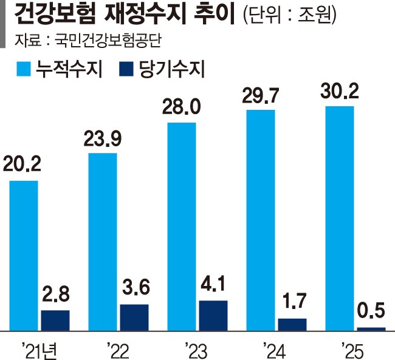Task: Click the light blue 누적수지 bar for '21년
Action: coord(24,255)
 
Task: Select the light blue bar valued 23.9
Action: coord(103,242)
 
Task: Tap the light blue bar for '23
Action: coord(182,226)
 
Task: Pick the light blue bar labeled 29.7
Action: coord(261,220)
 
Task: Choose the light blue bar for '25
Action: coord(340,218)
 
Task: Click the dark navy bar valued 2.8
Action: coord(55,320)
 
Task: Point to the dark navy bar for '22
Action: coord(134,317)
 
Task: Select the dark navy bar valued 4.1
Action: coord(213,315)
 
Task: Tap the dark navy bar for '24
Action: coord(292,324)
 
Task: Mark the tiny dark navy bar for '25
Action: coord(371,328)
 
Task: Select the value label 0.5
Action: coord(371,313)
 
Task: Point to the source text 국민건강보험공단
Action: coord(110,41)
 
